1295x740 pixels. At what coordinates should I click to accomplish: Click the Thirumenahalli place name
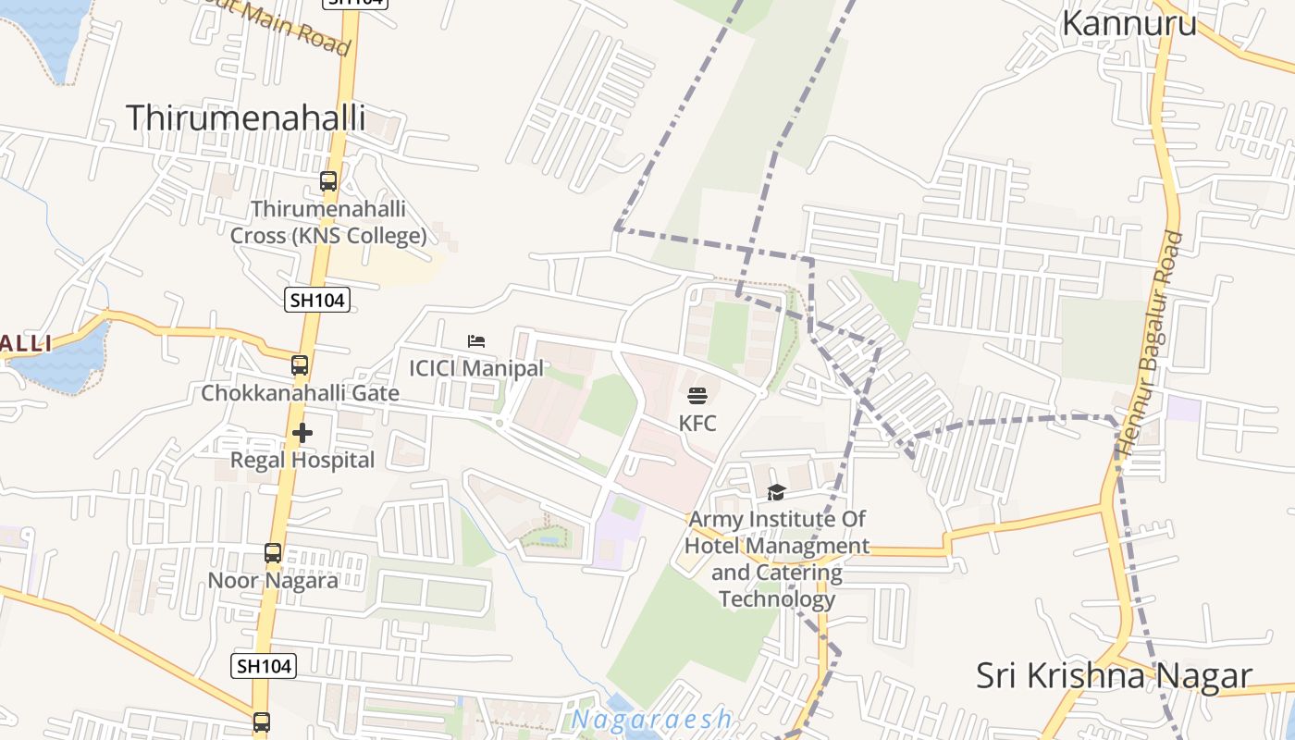[x=245, y=117]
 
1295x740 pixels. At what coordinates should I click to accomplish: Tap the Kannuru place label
[x=1128, y=23]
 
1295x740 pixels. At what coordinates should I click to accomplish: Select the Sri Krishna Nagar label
[x=1114, y=676]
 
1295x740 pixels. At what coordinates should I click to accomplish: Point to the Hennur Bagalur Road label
[x=1150, y=344]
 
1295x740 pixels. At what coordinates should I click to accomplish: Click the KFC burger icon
[x=697, y=396]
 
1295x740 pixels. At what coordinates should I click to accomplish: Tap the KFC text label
[x=697, y=424]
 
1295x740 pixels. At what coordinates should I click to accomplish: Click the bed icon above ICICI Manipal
[x=476, y=341]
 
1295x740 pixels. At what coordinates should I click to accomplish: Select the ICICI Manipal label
[x=476, y=368]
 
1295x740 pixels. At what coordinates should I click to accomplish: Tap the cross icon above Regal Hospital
[x=302, y=432]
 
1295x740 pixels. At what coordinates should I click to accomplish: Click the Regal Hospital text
[x=302, y=460]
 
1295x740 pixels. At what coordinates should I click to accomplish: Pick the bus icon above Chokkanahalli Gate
[x=300, y=365]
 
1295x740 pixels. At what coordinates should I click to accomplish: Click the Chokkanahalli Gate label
[x=300, y=393]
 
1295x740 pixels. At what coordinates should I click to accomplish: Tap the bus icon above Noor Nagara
[x=272, y=553]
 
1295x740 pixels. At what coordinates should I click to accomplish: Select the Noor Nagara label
[x=272, y=581]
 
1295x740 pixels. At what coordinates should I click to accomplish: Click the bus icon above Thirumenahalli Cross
[x=328, y=181]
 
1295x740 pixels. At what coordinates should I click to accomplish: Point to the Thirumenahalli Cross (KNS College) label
[x=328, y=222]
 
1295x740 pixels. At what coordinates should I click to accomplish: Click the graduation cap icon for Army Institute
[x=776, y=492]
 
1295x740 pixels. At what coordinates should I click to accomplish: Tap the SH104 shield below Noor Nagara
[x=263, y=665]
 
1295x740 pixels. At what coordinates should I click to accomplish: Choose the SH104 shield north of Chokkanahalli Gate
[x=316, y=299]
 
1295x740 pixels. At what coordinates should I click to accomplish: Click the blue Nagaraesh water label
[x=652, y=719]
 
